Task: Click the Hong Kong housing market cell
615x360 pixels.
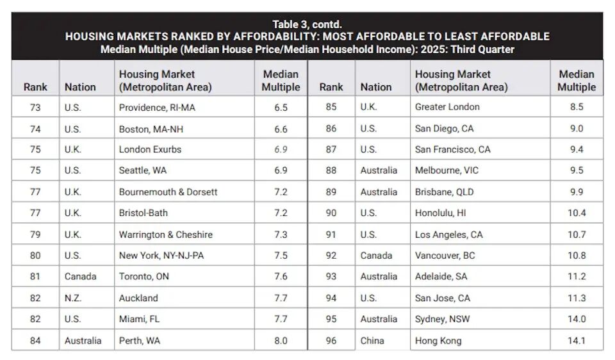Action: [438, 341]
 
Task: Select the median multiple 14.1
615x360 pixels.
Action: [577, 341]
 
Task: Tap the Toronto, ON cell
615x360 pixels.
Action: [144, 277]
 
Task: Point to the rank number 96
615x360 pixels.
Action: [331, 341]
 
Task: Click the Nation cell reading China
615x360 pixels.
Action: [372, 341]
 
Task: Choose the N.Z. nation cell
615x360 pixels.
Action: [73, 298]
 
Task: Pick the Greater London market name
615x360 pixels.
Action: [447, 107]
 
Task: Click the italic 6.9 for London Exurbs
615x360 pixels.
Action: [281, 149]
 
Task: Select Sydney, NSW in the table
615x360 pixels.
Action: [442, 319]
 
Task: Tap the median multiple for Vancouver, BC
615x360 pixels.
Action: [577, 256]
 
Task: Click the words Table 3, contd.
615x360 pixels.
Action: [307, 24]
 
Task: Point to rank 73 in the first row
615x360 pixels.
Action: [35, 108]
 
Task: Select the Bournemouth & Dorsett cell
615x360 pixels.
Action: [168, 192]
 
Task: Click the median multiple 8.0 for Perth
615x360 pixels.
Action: [281, 341]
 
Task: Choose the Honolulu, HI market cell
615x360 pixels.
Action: [441, 213]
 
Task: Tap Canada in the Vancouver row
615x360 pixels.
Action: [376, 256]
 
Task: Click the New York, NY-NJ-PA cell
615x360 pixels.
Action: [161, 256]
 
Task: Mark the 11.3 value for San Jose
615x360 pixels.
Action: [577, 298]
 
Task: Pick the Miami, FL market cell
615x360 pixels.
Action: [139, 319]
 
